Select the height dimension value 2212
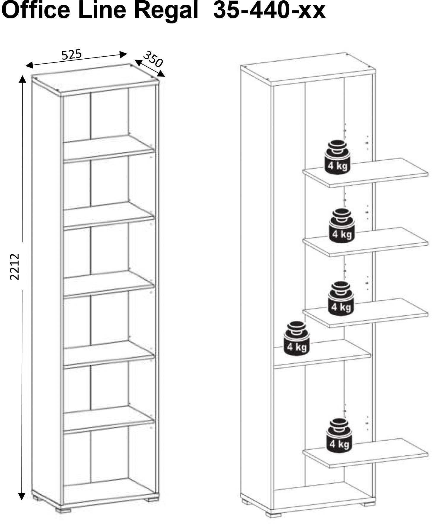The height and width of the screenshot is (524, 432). tap(15, 266)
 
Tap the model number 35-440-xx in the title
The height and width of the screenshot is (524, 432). tap(269, 11)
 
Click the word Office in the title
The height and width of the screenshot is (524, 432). tap(37, 11)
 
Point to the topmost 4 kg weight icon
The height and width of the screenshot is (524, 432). tap(337, 157)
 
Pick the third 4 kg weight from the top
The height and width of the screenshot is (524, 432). tap(341, 298)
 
